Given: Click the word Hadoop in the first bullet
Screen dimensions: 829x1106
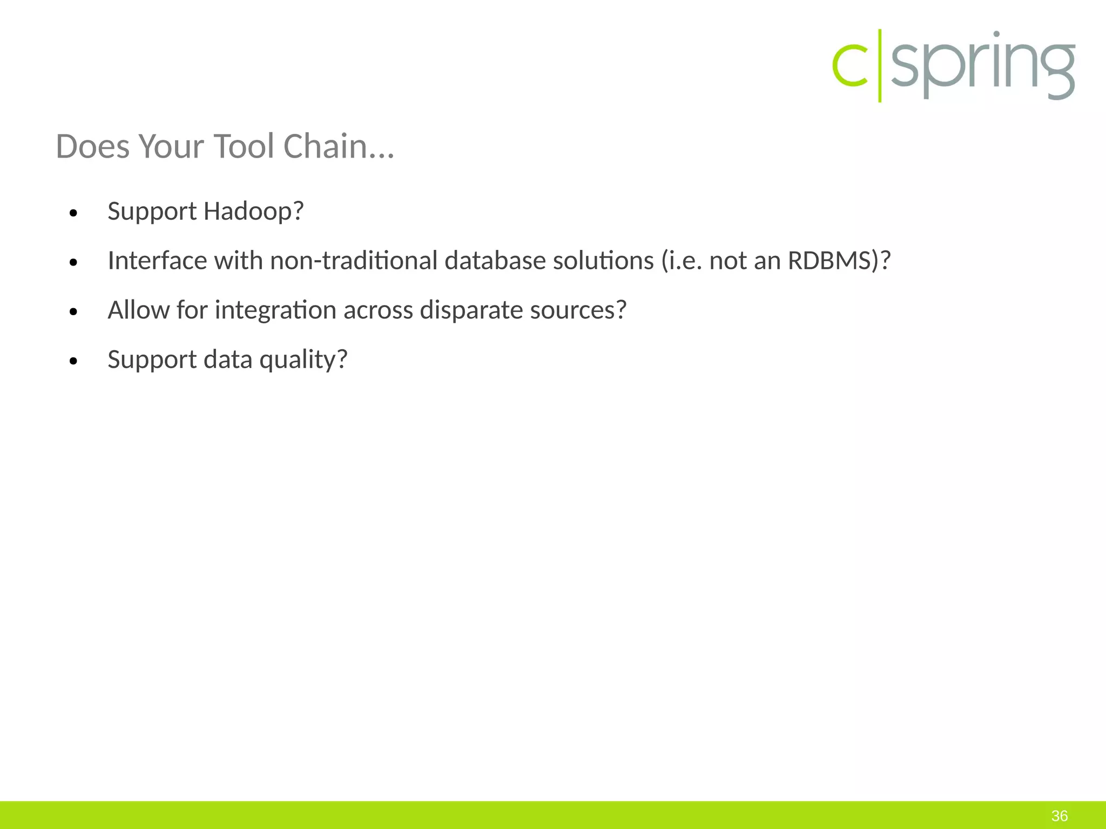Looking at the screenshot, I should pyautogui.click(x=253, y=211).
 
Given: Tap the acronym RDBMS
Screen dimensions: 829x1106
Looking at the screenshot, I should pyautogui.click(x=829, y=261).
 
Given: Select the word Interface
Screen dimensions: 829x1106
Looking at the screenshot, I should pyautogui.click(x=157, y=261).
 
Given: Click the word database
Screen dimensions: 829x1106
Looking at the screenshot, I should pyautogui.click(x=495, y=261).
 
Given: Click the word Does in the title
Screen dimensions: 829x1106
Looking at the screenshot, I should pyautogui.click(x=92, y=146).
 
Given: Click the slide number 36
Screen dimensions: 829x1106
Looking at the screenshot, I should pyautogui.click(x=1060, y=816).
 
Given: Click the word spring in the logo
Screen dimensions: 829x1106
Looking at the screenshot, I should pyautogui.click(x=982, y=66).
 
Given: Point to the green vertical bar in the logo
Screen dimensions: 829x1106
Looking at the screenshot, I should pyautogui.click(x=880, y=66).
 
